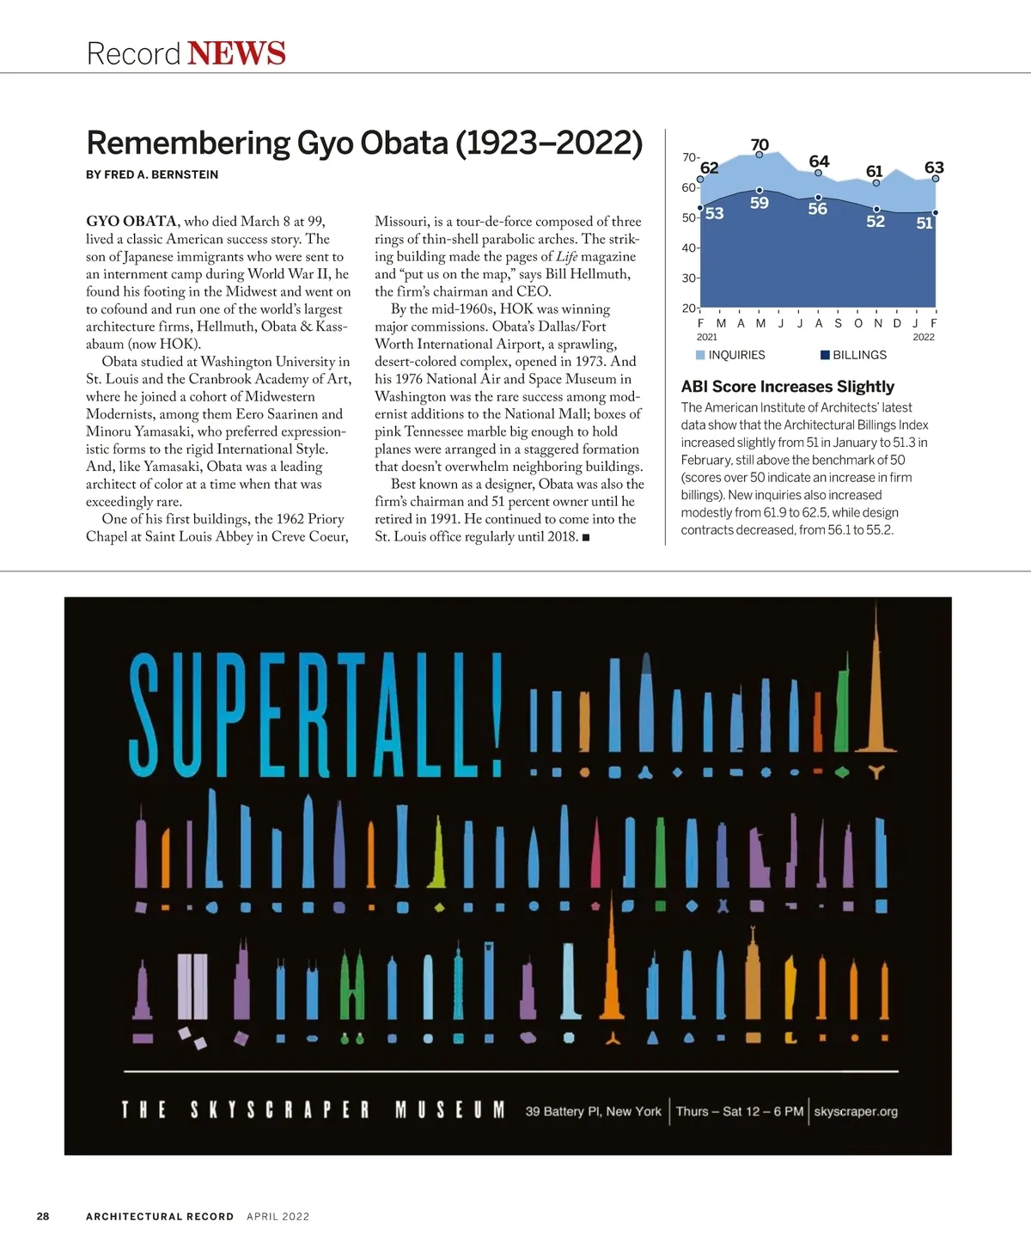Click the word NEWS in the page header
[x=236, y=53]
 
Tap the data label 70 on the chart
[x=760, y=144]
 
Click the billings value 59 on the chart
[x=759, y=204]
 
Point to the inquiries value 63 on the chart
[x=934, y=168]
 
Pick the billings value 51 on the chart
[x=924, y=223]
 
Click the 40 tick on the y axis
[x=689, y=248]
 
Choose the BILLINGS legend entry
[x=859, y=355]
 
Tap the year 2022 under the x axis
[x=924, y=338]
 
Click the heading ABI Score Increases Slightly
[x=787, y=387]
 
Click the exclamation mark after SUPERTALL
[x=493, y=713]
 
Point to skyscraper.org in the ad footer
[x=856, y=1111]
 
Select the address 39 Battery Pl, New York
[x=594, y=1111]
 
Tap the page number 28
[x=43, y=1216]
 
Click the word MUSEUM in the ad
[x=450, y=1110]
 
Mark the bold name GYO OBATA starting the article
[x=131, y=222]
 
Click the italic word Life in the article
[x=566, y=257]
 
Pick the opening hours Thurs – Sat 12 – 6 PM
[x=739, y=1111]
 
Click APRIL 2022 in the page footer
[x=278, y=1216]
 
